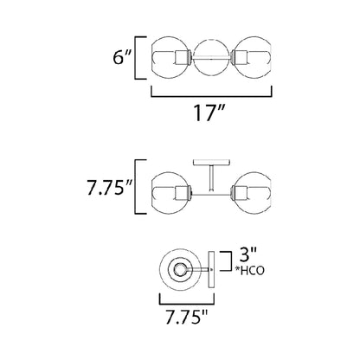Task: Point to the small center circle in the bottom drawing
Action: click(180, 272)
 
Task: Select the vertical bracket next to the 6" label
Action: click(138, 59)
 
